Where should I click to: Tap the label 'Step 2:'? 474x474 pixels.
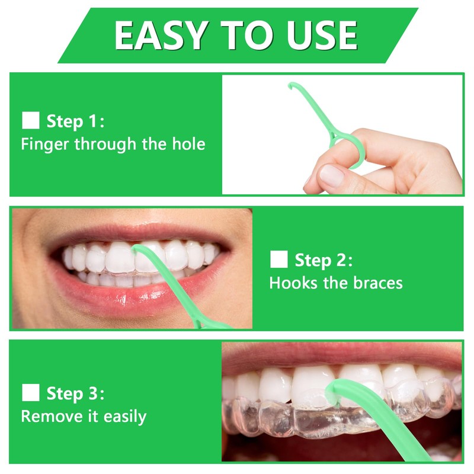324,260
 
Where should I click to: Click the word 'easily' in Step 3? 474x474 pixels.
124,417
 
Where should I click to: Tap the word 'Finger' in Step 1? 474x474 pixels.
45,145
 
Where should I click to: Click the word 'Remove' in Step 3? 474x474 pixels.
48,417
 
